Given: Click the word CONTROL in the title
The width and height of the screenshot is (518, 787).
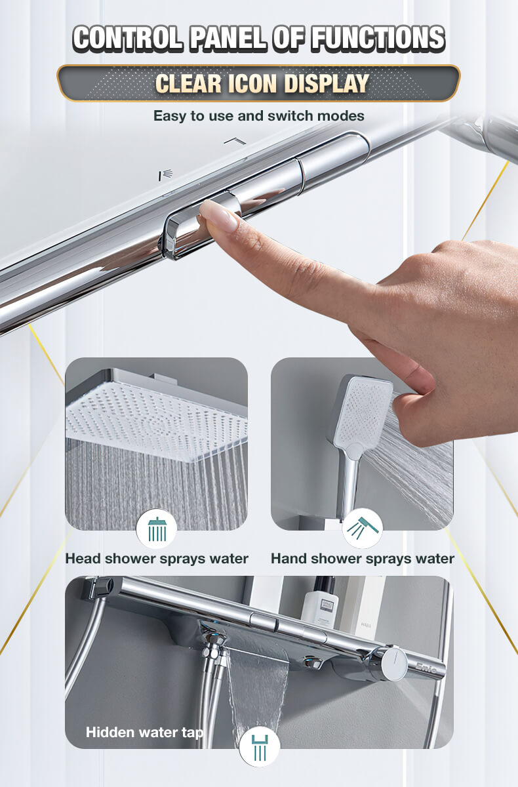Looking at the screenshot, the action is coord(128,38).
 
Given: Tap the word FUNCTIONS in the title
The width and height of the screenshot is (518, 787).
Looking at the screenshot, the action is coord(378,38).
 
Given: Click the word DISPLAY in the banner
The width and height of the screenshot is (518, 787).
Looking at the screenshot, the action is coord(327,84).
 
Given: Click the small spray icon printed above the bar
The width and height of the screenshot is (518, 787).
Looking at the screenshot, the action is coord(165,174).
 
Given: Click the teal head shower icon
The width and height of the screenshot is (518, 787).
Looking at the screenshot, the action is coord(157,529).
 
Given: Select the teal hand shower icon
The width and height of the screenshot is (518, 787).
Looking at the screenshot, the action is coord(363,528).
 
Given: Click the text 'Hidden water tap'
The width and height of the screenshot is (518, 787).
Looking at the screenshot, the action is coord(145,733).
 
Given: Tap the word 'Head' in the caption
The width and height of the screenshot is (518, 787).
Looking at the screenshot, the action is coord(83,559).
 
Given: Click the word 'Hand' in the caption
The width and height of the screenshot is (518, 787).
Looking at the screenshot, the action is coord(289,559).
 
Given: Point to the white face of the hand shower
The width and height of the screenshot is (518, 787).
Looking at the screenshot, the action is coord(363,411).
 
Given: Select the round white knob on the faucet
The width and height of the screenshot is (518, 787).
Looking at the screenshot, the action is coord(394,664).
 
